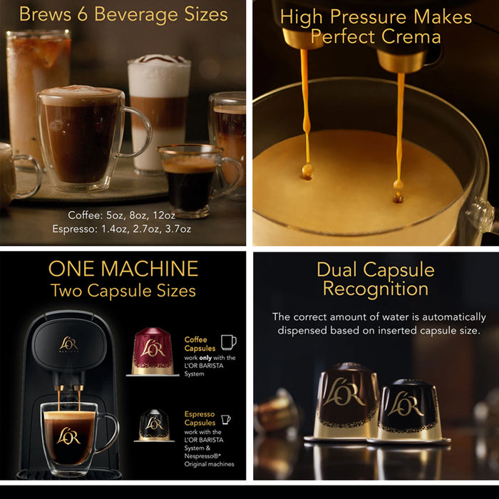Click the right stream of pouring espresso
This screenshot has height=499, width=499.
pyautogui.click(x=399, y=121)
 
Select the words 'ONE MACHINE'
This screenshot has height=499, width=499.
pyautogui.click(x=123, y=269)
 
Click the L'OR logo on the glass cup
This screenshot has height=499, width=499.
pyautogui.click(x=68, y=435)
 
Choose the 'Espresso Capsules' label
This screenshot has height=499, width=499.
pyautogui.click(x=200, y=418)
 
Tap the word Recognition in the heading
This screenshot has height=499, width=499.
pyautogui.click(x=375, y=289)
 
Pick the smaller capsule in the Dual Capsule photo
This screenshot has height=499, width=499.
pyautogui.click(x=408, y=411)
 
